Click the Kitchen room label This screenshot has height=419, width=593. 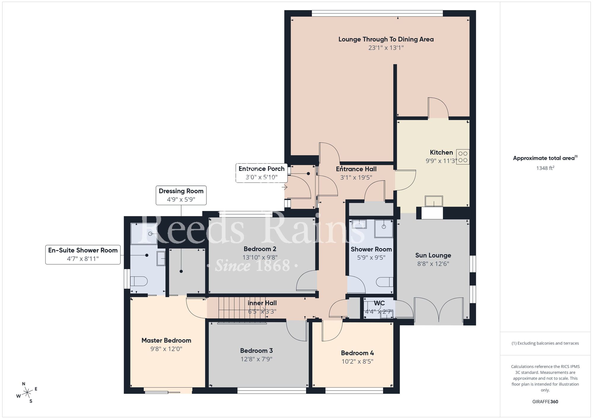coord(441,153)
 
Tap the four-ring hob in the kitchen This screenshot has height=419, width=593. coord(463,157)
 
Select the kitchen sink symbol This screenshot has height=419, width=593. coord(434,201)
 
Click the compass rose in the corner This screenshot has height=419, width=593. coord(27,393)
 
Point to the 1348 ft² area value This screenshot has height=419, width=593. coord(545,168)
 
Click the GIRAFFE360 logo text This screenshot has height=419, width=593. coord(545,402)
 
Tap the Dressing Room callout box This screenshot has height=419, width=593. coord(181,195)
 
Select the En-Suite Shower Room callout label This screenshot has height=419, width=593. coord(83,254)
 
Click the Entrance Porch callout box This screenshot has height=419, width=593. coord(261,173)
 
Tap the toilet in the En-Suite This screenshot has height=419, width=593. coord(139,281)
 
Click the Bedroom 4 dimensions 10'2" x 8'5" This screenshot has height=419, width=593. coord(357,362)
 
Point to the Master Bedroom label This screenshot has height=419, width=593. coord(166,340)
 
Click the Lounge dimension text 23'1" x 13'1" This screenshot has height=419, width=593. coord(386,48)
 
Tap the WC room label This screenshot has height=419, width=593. coord(379,303)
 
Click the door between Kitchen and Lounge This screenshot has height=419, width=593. coord(438,109)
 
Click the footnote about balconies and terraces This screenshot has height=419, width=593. coord(545,343)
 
